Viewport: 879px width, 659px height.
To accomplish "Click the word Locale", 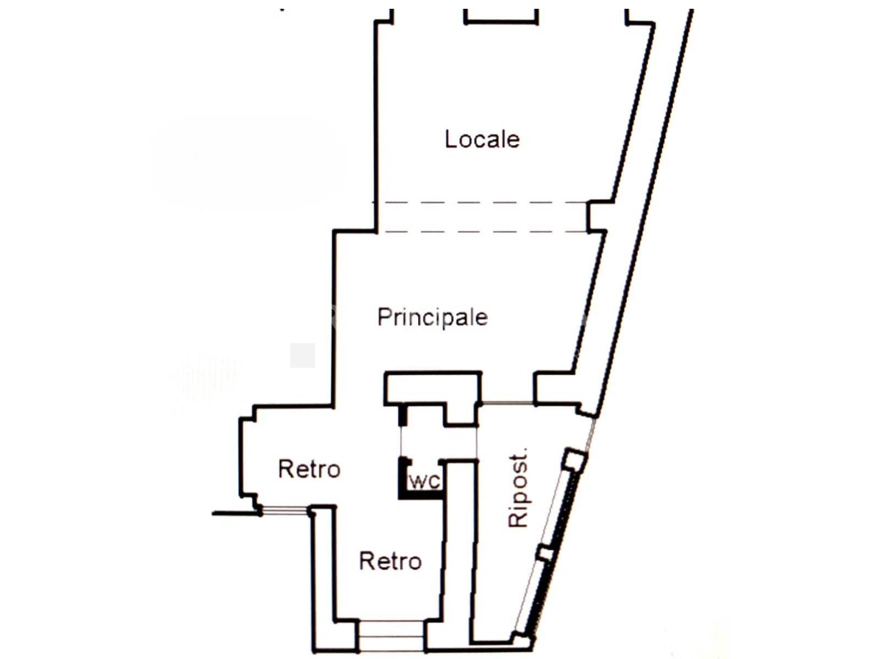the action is pyautogui.click(x=482, y=139).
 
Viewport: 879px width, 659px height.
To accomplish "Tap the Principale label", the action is pyautogui.click(x=432, y=318).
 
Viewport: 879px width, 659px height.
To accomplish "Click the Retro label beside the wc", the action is pyautogui.click(x=309, y=469).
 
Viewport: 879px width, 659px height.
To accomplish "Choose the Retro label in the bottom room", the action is pyautogui.click(x=391, y=561).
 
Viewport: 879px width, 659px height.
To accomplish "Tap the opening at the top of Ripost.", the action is pyautogui.click(x=507, y=403).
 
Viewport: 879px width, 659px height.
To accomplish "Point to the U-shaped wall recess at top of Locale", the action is pyautogui.click(x=501, y=18).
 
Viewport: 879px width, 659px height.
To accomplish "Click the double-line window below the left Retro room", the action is pyautogui.click(x=285, y=511).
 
